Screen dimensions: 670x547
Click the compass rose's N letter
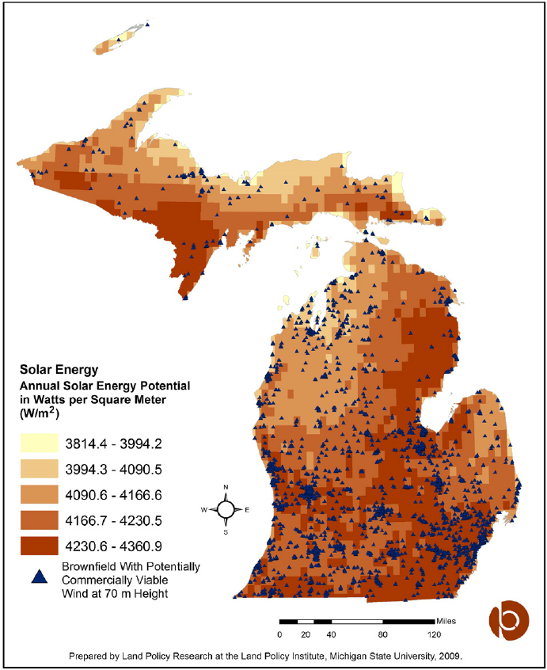tap(226, 487)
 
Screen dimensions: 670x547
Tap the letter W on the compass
tap(205, 509)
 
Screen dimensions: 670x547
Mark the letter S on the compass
tap(226, 532)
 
